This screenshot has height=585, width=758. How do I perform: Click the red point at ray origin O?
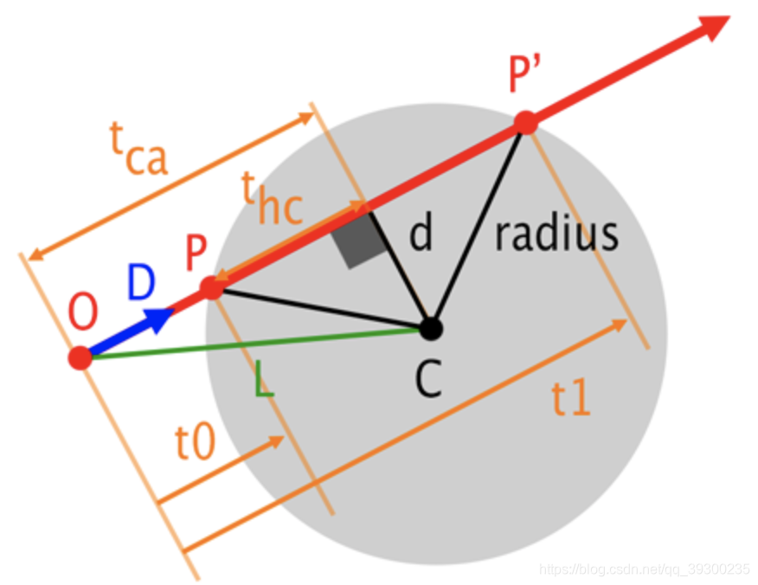click(80, 357)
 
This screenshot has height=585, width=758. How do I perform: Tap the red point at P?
click(212, 288)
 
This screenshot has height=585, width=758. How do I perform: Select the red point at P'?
click(526, 122)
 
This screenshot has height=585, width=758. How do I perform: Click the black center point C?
click(431, 329)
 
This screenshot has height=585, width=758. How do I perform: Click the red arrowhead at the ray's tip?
click(714, 27)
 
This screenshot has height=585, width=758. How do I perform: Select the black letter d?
click(421, 232)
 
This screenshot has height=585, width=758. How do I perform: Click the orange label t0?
click(196, 442)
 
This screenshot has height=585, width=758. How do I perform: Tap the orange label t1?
click(571, 397)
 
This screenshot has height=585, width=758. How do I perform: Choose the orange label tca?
click(138, 148)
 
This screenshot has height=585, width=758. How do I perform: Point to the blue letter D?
click(141, 281)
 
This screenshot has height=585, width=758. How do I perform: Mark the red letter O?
click(83, 312)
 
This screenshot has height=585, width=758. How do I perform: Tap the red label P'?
click(525, 73)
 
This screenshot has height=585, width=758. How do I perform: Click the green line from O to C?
click(256, 344)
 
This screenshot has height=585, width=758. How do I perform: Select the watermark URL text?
click(645, 569)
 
